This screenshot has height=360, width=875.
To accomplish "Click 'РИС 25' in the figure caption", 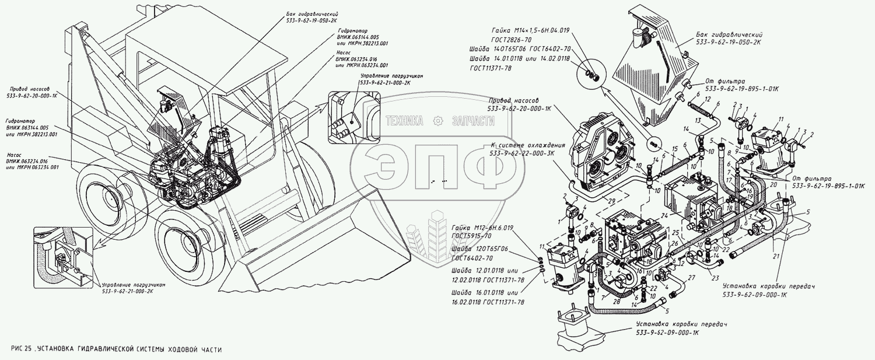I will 21,348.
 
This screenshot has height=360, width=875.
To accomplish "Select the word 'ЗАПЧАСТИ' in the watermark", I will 473,121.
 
